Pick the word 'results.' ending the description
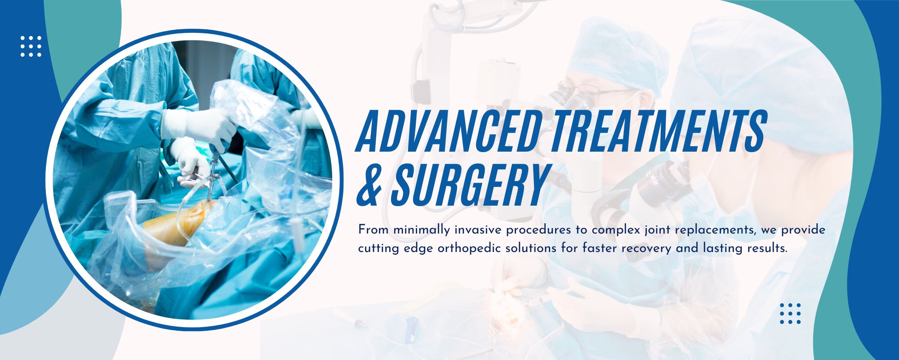765,248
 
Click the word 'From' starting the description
374,230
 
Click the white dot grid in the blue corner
31,46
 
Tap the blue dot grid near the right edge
790,314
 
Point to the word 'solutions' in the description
532,248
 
